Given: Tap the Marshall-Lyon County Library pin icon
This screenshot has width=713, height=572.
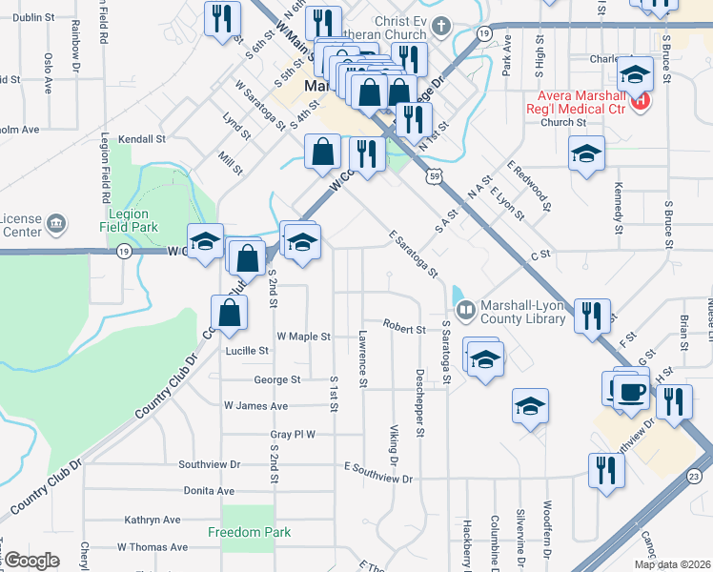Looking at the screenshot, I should coord(466,309).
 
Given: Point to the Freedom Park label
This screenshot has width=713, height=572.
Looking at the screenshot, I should coord(250,531).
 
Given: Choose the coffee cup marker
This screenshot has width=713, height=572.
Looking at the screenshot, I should coord(631,391).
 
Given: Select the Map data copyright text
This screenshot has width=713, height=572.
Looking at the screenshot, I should coord(671,563).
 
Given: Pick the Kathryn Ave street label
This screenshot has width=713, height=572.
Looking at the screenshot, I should coord(153,520).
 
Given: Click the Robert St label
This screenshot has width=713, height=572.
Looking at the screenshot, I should coord(404,329).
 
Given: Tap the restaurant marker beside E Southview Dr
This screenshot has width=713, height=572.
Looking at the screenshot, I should coord(606,469).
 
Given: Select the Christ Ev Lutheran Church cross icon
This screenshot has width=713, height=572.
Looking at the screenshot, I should coord(439,24).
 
